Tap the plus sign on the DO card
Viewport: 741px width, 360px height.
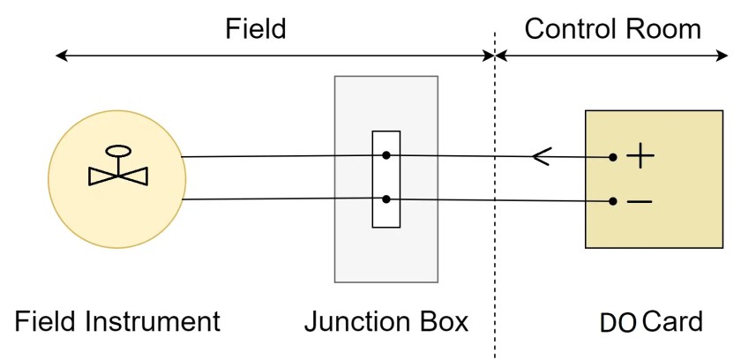coord(640,157)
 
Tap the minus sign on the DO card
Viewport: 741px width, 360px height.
coord(640,202)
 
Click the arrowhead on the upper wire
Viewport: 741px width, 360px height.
coord(540,157)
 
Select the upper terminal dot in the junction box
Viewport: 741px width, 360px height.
coord(386,156)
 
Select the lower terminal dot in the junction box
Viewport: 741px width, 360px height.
coord(386,199)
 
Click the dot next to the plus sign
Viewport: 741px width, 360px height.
coord(612,158)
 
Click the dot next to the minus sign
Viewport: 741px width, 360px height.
coord(612,201)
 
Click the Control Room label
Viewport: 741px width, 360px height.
coord(612,28)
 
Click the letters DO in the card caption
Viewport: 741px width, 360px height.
coord(618,323)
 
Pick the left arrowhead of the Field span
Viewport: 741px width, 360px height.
coord(61,56)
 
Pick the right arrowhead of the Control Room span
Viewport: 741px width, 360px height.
coord(724,56)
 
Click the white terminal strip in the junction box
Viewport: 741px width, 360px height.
coord(386,178)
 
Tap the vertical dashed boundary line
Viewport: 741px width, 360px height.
coord(495,265)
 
